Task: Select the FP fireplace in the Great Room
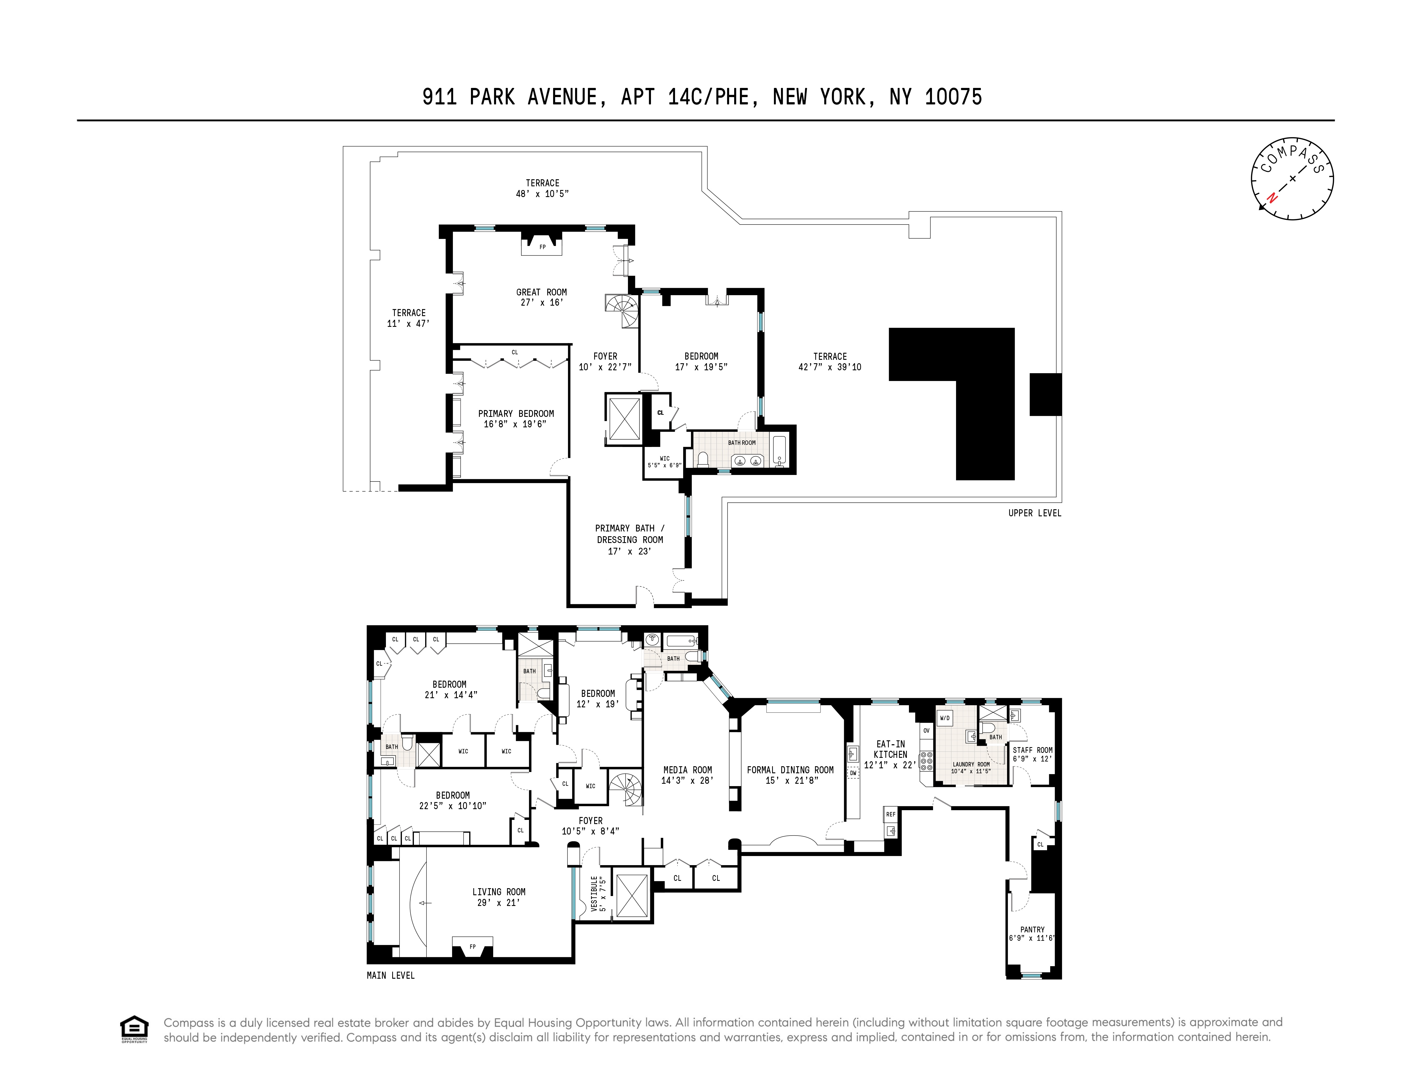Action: click(542, 247)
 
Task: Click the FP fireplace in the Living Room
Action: click(472, 946)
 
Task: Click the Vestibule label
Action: click(594, 893)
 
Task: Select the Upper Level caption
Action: click(1035, 513)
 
